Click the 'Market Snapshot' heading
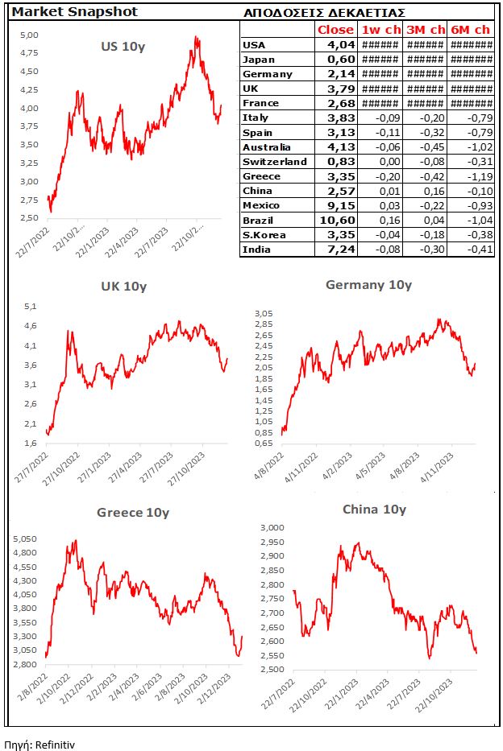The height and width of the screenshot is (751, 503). click(63, 12)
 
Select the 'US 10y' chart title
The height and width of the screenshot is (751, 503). click(123, 46)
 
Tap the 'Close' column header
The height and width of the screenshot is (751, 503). click(335, 30)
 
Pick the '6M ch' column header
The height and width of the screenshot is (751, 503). click(472, 30)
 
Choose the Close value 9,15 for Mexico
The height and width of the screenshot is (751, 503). click(339, 206)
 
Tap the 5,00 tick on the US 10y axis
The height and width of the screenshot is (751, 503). click(29, 35)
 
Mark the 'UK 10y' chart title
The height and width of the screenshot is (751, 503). click(123, 286)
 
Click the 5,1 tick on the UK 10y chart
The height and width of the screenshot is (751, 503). click(30, 307)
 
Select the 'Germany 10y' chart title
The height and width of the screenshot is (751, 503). click(368, 284)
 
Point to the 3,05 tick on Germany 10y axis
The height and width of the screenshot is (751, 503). click(264, 313)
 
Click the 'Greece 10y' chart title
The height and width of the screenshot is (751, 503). click(133, 512)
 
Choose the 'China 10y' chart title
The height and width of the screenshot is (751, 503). click(374, 509)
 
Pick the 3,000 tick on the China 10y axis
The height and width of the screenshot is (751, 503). click(272, 527)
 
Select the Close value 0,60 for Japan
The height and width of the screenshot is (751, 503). click(339, 60)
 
